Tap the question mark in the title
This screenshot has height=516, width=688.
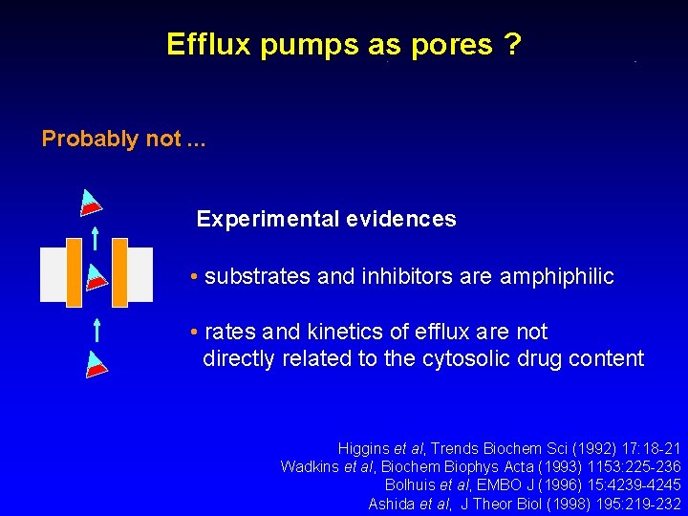(x=513, y=44)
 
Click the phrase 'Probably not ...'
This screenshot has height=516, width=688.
(x=122, y=139)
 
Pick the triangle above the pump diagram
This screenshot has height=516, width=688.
(x=90, y=202)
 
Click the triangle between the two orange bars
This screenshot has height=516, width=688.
(x=95, y=277)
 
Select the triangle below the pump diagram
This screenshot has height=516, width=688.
(x=96, y=364)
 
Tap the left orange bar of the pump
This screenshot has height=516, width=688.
(x=75, y=273)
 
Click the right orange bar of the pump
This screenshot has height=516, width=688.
(x=119, y=273)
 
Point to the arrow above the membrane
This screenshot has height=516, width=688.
(x=96, y=235)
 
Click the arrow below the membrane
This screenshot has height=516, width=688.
(x=97, y=330)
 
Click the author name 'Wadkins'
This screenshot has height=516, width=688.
(x=310, y=466)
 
